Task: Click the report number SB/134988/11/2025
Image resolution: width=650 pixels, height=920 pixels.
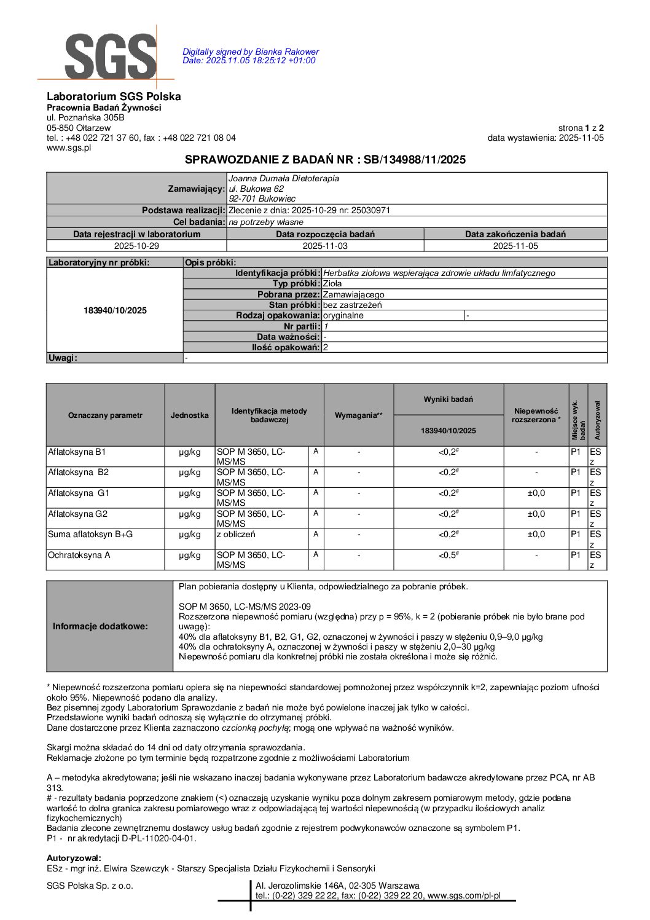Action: pyautogui.click(x=415, y=160)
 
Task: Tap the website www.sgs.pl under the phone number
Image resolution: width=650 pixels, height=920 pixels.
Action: pyautogui.click(x=69, y=147)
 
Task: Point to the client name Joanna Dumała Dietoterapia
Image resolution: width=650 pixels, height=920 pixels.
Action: pyautogui.click(x=283, y=178)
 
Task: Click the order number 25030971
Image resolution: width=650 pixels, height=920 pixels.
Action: pyautogui.click(x=370, y=210)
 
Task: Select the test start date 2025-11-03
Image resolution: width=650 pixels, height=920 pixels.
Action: pyautogui.click(x=325, y=246)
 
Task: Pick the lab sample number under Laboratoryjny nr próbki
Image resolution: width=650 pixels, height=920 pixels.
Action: pyautogui.click(x=115, y=310)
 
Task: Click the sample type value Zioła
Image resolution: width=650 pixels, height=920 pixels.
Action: pyautogui.click(x=332, y=284)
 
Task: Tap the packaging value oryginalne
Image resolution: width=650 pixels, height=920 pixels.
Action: pyautogui.click(x=343, y=316)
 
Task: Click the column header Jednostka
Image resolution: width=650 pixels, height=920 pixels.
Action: pyautogui.click(x=189, y=415)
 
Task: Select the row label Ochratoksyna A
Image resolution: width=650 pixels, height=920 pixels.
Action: pyautogui.click(x=79, y=555)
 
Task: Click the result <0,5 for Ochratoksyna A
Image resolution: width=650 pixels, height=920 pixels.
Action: pyautogui.click(x=448, y=555)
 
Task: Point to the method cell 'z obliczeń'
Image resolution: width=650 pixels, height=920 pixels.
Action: pyautogui.click(x=236, y=535)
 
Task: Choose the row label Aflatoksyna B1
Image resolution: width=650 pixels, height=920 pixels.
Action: pyautogui.click(x=77, y=452)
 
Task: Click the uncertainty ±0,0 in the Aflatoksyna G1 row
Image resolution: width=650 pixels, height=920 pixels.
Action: pyautogui.click(x=536, y=493)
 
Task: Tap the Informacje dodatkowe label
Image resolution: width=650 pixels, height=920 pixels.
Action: pyautogui.click(x=100, y=626)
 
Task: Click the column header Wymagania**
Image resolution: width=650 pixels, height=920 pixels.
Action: pyautogui.click(x=358, y=415)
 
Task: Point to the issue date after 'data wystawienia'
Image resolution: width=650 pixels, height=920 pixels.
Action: pyautogui.click(x=581, y=138)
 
